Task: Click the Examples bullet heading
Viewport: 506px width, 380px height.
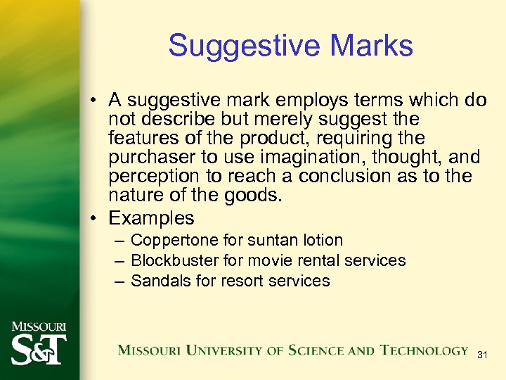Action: pos(151,217)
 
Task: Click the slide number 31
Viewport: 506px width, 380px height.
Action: pos(482,355)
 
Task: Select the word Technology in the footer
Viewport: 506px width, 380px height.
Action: pos(424,350)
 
